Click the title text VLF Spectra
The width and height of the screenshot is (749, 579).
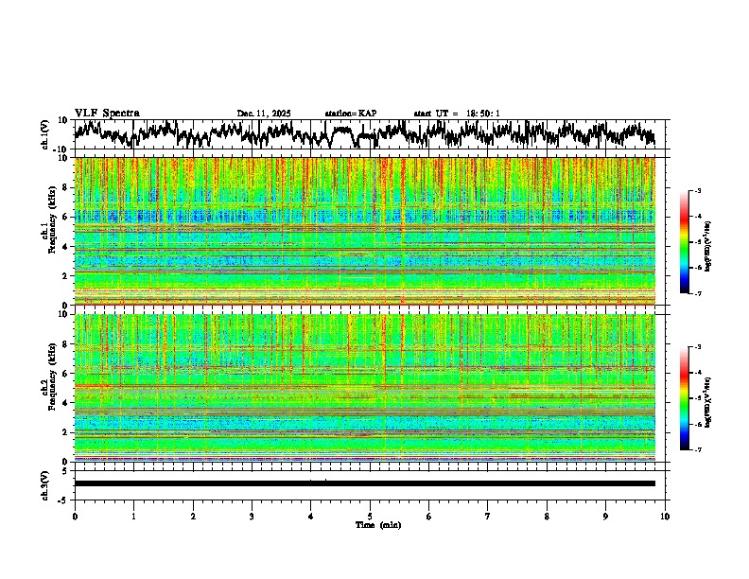[x=108, y=113]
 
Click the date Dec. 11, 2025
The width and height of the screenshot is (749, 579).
[x=264, y=114]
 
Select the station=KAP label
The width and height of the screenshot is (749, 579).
[x=351, y=114]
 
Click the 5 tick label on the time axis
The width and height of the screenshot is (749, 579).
[x=370, y=517]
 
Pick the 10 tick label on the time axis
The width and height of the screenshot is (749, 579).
[x=665, y=517]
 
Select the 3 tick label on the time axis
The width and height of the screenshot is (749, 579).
[x=252, y=517]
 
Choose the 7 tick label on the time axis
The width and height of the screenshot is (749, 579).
[x=488, y=517]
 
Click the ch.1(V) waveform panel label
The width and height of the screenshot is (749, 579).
[x=45, y=134]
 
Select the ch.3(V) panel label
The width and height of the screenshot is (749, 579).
[x=45, y=483]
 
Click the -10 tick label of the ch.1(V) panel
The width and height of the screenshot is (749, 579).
[x=62, y=149]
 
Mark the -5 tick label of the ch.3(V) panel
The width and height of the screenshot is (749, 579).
[x=64, y=498]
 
